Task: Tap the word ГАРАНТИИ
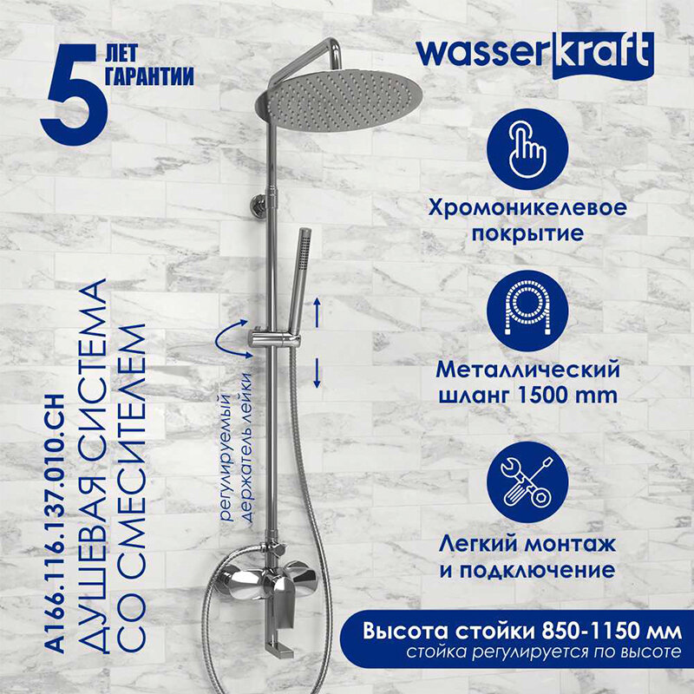pyautogui.click(x=148, y=75)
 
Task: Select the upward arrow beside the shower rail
pyautogui.click(x=318, y=309)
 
